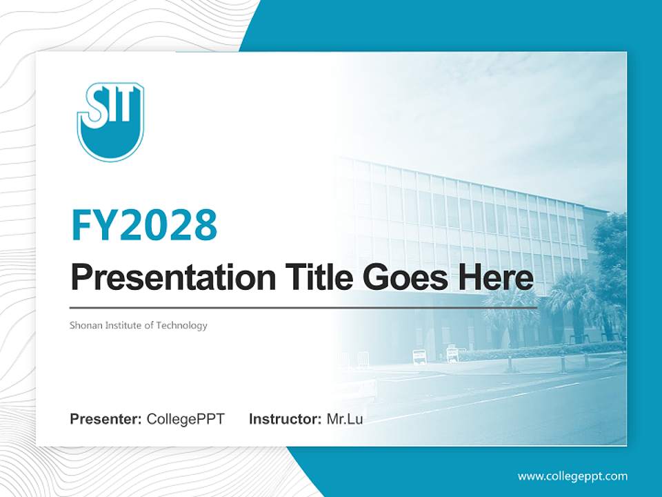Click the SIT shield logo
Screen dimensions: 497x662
click(110, 121)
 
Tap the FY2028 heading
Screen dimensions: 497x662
click(144, 224)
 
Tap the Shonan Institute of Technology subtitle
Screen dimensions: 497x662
click(138, 325)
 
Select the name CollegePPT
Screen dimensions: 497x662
click(185, 418)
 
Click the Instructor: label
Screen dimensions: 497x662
click(285, 418)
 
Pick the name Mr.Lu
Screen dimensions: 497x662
click(344, 418)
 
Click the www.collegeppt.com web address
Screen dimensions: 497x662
click(572, 476)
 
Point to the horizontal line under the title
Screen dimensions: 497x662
click(303, 307)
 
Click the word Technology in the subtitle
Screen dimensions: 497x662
click(182, 325)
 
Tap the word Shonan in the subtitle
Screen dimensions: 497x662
click(84, 325)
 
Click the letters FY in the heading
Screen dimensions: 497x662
click(94, 224)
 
